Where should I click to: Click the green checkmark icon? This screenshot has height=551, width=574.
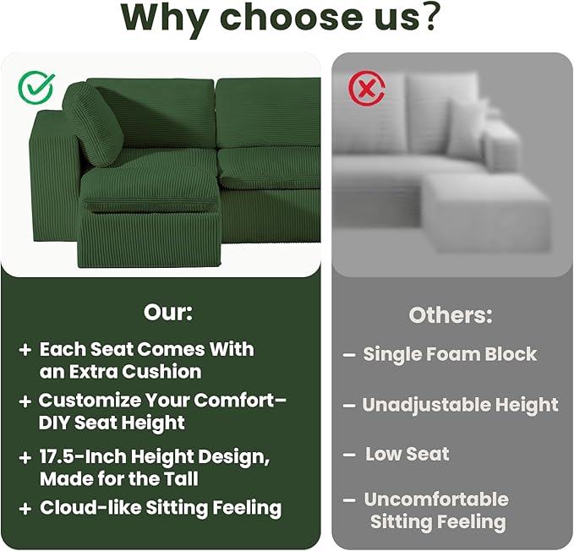36,87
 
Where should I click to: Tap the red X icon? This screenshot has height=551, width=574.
366,87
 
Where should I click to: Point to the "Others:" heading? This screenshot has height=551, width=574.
451,315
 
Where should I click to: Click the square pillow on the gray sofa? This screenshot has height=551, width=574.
467,127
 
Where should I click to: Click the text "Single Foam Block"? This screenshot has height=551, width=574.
450,354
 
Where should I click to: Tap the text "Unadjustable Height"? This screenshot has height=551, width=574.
460,405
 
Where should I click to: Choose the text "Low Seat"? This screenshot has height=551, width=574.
407,454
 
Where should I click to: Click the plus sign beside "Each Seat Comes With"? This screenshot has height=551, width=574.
25,349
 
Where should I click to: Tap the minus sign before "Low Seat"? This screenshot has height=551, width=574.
348,455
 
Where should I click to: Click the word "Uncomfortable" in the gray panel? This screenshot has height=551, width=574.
436,499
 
